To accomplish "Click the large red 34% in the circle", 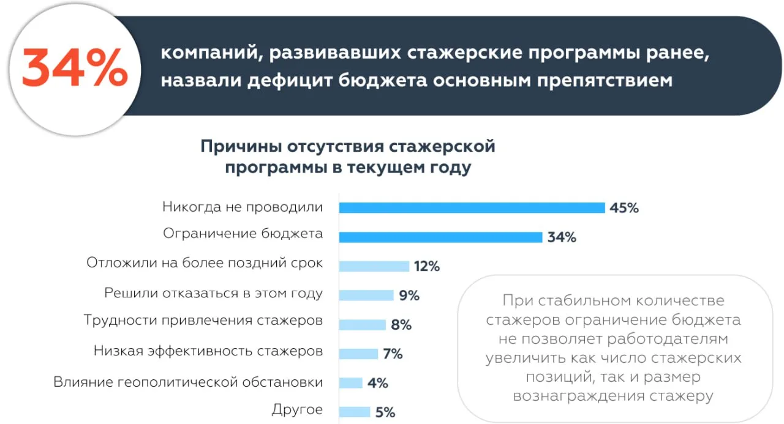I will point(75,68).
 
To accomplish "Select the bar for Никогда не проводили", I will point(472,208).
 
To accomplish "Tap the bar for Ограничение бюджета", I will point(440,237).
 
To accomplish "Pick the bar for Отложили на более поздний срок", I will point(374,266).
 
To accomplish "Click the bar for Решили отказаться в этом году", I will point(366,296).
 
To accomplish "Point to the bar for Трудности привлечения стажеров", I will point(362,325).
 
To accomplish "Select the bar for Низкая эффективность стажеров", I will point(358,354).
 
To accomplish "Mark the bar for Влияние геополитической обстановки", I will point(350,383).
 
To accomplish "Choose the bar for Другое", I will point(354,412).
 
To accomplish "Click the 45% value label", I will point(624,208).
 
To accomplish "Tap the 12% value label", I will point(427,267).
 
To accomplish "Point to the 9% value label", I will point(409,296).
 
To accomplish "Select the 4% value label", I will point(378,384).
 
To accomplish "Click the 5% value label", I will point(385,412).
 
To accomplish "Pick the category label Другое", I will point(297,410).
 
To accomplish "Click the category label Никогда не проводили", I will point(243,207).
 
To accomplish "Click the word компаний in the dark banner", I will point(203,53).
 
